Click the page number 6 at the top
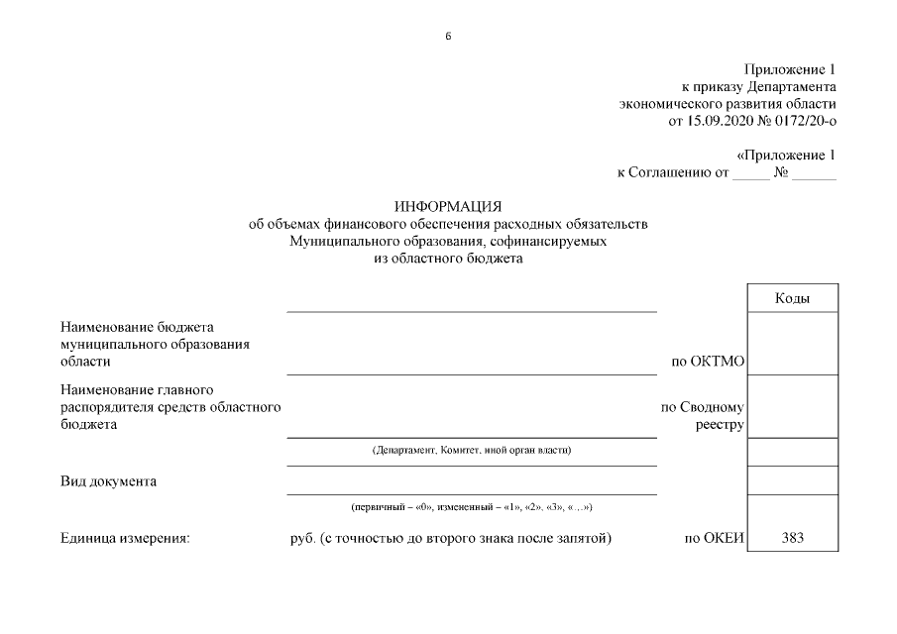(x=448, y=37)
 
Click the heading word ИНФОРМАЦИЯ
(x=448, y=207)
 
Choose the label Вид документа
(x=108, y=481)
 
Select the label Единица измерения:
(x=124, y=539)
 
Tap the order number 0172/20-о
(x=805, y=122)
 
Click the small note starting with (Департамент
(x=472, y=451)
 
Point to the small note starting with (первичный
(x=472, y=507)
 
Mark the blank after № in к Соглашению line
(x=814, y=173)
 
